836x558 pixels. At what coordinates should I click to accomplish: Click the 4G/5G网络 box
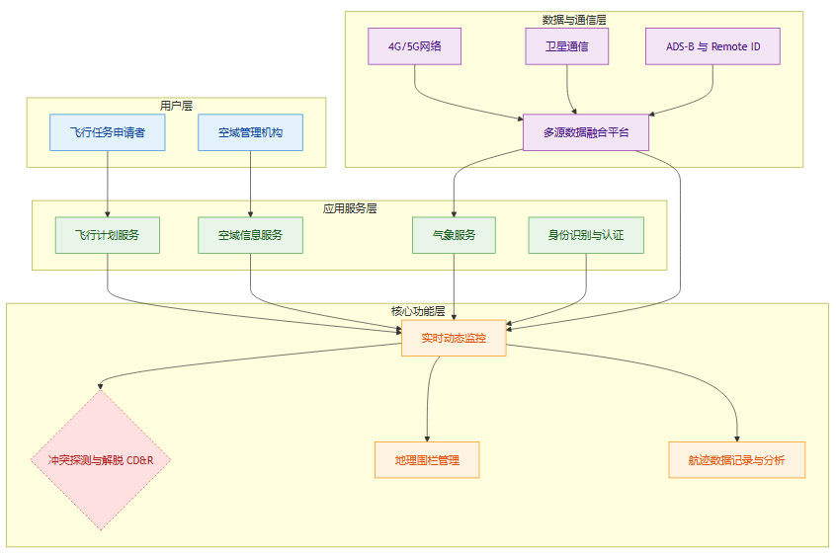(x=414, y=46)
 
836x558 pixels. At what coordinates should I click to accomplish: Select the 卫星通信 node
(x=566, y=46)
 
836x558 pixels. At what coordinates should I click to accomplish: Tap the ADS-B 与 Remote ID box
(x=712, y=46)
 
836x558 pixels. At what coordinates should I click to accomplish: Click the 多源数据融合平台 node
(x=586, y=132)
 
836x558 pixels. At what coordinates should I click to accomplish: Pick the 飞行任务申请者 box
(x=108, y=132)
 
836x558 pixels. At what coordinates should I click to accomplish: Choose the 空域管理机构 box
(x=250, y=132)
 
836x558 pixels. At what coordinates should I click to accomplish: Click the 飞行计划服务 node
(x=108, y=235)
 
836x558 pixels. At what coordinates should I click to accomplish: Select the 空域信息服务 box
(x=250, y=235)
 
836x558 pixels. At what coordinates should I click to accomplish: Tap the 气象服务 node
(x=454, y=235)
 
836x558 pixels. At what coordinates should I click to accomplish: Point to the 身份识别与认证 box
(x=586, y=235)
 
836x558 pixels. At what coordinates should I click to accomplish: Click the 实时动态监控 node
(x=454, y=338)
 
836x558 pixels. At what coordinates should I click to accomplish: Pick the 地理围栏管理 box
(x=427, y=460)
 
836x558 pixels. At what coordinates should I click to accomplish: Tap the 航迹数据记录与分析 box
(x=737, y=460)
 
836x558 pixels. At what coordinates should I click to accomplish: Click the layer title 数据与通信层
(x=574, y=20)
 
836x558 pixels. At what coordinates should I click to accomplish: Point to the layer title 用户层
(x=176, y=106)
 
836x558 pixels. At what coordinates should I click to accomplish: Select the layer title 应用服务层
(x=350, y=208)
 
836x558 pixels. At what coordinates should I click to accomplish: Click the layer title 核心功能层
(x=418, y=311)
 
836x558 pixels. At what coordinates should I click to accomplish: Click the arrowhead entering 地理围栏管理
(x=427, y=438)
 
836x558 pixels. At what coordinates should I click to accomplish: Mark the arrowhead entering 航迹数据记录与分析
(x=737, y=438)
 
